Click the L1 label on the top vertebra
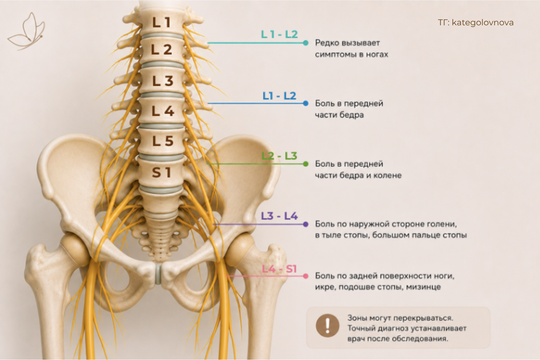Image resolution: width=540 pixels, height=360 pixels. pos(162,22)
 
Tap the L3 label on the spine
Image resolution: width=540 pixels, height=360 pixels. pos(163,81)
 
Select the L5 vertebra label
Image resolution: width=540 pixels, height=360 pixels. pos(163,141)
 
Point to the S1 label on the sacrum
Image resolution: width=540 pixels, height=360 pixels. pos(161,172)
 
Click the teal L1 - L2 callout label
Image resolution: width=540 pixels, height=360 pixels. pos(279,34)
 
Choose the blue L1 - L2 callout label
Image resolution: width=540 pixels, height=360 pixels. pos(279,96)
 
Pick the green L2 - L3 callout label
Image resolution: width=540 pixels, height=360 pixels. pos(279,156)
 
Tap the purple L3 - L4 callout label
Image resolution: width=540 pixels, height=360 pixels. pos(279,216)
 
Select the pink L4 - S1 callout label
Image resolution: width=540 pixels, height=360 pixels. pos(279,269)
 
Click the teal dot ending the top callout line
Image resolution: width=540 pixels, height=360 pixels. pos(306,43)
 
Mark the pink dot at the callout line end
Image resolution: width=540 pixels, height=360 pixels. pos(306,276)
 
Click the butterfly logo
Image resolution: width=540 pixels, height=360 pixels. pos(26,31)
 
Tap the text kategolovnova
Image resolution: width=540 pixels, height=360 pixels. pos(483,22)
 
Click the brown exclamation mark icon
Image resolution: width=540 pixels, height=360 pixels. pos(328,326)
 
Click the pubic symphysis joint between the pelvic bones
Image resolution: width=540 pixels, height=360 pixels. pos(158,274)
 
